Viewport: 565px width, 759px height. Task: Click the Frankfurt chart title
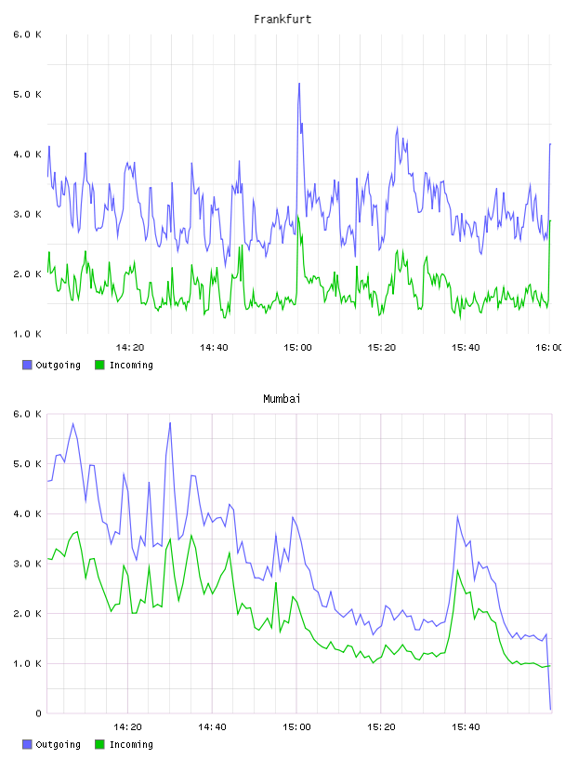coord(282,20)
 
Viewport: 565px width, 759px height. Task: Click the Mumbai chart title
coord(282,399)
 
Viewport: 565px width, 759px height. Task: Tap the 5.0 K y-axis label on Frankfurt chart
coord(27,94)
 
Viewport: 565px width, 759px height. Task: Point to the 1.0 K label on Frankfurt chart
coord(27,334)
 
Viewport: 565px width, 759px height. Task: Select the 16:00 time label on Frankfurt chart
coord(549,348)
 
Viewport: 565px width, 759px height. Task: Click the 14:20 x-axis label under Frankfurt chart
coord(130,348)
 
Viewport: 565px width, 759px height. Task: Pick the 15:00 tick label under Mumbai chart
coord(296,727)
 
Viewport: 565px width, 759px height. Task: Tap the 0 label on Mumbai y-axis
coord(38,713)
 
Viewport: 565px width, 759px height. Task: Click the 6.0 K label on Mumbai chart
coord(27,414)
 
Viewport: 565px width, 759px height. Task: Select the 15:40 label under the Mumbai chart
coord(466,727)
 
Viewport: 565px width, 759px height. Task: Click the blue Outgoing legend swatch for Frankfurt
coord(27,365)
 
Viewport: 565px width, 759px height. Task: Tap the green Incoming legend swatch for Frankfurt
coord(99,365)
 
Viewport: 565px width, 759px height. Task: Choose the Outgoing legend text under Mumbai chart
coord(58,744)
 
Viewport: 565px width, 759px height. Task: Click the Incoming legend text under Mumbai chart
coord(131,744)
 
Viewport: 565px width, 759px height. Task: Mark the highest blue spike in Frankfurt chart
coord(299,84)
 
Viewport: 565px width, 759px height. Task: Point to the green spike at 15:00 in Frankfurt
coord(298,217)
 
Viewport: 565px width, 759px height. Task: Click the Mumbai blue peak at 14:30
coord(170,423)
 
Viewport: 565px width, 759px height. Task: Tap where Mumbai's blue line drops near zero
coord(550,709)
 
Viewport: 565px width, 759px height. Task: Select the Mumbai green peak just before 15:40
coord(457,570)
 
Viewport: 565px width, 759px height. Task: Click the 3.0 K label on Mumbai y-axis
coord(27,564)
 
